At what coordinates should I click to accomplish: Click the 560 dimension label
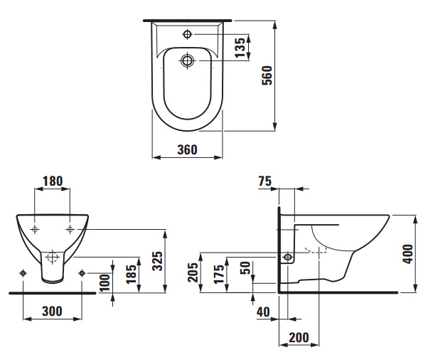[267, 75]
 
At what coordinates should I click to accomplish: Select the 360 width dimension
[187, 149]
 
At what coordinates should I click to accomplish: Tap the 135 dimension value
[240, 48]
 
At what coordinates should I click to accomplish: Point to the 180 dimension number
[53, 181]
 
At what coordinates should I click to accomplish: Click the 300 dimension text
[52, 311]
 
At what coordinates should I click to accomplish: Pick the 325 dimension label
[158, 261]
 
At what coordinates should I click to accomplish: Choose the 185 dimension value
[132, 274]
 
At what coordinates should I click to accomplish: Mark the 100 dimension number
[105, 282]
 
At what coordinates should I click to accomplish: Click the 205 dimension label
[193, 272]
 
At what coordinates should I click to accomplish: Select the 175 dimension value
[219, 274]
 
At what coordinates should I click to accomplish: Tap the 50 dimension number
[245, 268]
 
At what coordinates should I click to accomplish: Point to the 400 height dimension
[408, 254]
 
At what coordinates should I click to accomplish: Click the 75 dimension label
[265, 181]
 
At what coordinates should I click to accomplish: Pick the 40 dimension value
[263, 312]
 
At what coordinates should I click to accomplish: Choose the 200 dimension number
[299, 338]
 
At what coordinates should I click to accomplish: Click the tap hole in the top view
[187, 34]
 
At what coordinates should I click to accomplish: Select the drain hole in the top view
[187, 60]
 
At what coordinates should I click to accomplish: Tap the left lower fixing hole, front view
[23, 273]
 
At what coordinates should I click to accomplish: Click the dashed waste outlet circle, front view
[53, 257]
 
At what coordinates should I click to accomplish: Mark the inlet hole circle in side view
[288, 257]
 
